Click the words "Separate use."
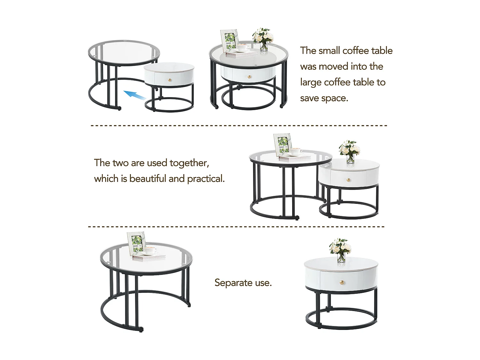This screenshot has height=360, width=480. (x=243, y=283)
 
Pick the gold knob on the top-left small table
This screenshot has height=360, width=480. (x=170, y=79)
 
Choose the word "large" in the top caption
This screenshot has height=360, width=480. (x=311, y=82)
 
